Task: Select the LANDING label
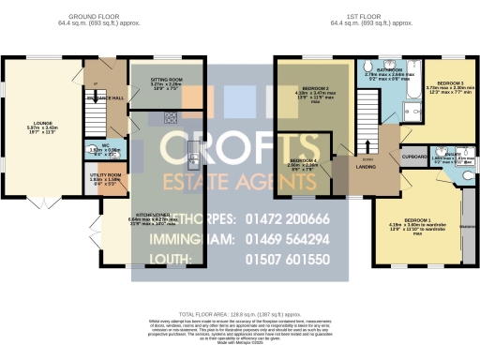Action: (x=368, y=169)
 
